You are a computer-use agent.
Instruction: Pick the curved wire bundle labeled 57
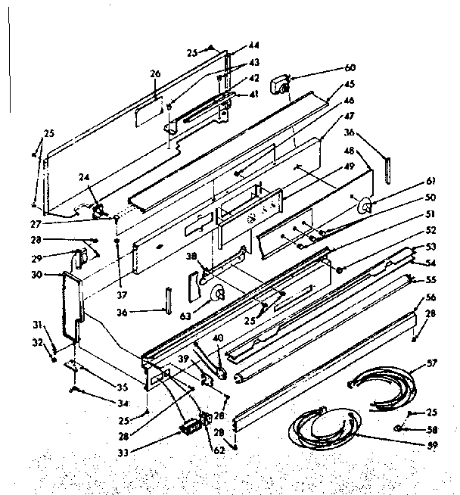[386, 385]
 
